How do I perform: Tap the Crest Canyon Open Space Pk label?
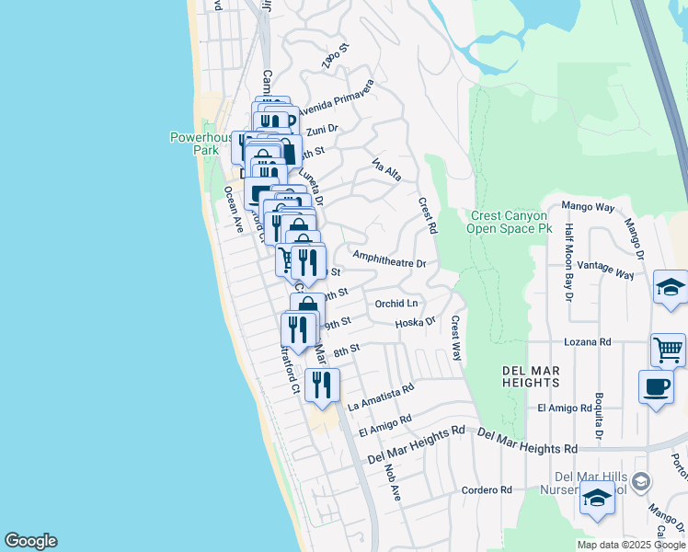coord(508,222)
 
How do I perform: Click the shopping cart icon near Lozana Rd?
coord(668,350)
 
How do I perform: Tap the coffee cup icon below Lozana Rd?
coord(656,386)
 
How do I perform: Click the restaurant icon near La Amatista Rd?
coord(322,385)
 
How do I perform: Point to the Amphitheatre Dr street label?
coord(389,261)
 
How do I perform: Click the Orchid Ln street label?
coord(396,303)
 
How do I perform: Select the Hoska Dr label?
coord(414,322)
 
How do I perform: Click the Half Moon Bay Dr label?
coord(569,262)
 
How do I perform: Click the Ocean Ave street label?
coord(233,209)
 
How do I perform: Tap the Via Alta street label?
coord(386,170)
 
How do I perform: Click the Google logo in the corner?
coord(30,541)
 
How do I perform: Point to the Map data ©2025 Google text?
coord(631,545)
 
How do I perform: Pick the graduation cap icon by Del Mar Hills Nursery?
coord(597,499)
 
